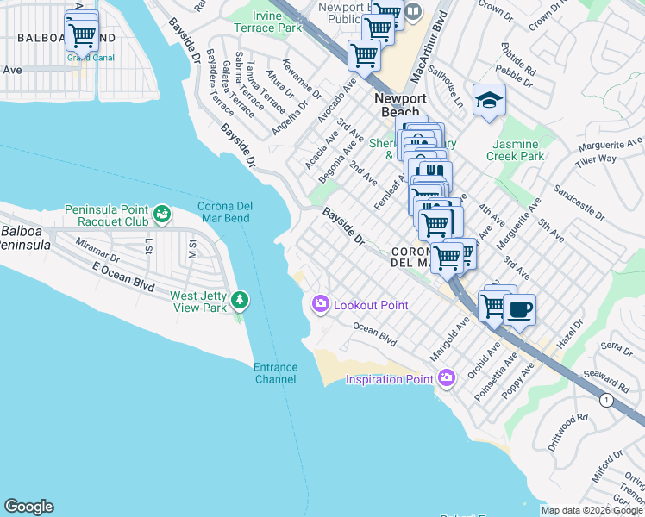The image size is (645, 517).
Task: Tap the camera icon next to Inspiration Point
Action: tap(446, 377)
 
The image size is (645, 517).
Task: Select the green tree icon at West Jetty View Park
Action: tap(239, 300)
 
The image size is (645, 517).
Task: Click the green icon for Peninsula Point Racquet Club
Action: tap(161, 212)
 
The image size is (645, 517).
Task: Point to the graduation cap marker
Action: tap(488, 100)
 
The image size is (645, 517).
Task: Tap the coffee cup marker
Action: tap(518, 309)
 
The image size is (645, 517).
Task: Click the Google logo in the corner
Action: tap(28, 507)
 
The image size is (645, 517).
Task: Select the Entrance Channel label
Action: tap(275, 373)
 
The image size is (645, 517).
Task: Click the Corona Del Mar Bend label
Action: tap(235, 212)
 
